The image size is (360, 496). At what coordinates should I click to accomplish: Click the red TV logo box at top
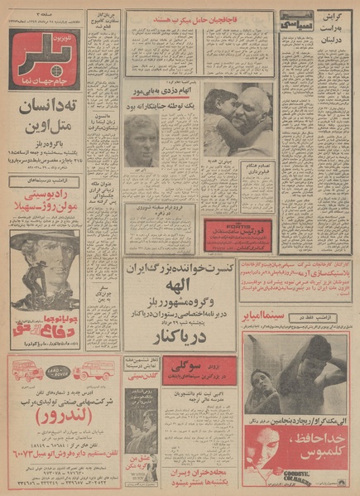pyautogui.click(x=45, y=59)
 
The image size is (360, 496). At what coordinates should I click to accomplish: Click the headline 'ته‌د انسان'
pyautogui.click(x=45, y=110)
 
